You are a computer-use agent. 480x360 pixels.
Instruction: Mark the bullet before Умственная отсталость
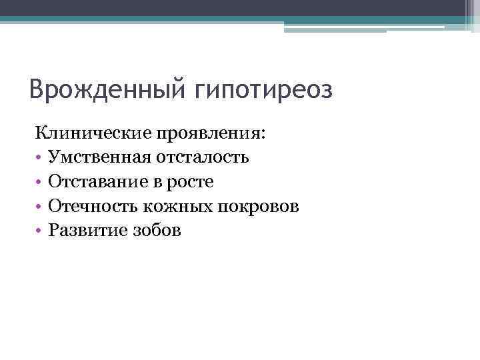pyautogui.click(x=39, y=159)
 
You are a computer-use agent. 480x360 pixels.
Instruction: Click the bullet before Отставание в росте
pyautogui.click(x=39, y=183)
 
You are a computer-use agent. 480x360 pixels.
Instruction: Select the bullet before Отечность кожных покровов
pyautogui.click(x=39, y=207)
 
